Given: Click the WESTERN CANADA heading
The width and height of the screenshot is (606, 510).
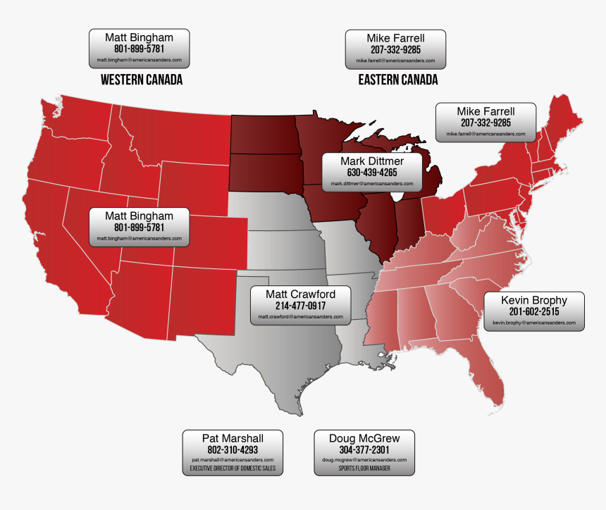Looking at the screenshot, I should click(142, 80).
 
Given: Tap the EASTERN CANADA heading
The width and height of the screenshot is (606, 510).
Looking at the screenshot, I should click(397, 80).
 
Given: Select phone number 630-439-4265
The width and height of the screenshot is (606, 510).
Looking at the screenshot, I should click(372, 172).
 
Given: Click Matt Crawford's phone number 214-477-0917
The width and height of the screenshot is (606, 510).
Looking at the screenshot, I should click(300, 306).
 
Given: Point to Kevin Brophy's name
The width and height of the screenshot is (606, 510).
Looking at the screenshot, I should click(533, 300).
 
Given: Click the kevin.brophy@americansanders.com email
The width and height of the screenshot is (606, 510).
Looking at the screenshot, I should click(534, 323).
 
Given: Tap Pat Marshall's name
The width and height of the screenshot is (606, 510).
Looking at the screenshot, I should click(233, 438).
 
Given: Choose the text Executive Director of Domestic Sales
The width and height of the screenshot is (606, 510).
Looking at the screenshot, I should click(233, 468).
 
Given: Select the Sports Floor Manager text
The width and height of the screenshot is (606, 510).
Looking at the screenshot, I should click(364, 468).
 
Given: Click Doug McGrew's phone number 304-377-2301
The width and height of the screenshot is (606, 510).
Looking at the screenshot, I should click(364, 449).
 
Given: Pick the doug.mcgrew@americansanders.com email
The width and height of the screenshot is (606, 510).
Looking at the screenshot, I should click(364, 460).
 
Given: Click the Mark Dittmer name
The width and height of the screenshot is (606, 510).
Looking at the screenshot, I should click(372, 161).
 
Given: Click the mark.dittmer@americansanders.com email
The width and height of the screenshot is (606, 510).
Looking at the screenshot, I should click(372, 183).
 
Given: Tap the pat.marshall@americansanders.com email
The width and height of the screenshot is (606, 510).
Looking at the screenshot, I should click(233, 460).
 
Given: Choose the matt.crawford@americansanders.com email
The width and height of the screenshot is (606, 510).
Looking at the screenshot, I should click(300, 317).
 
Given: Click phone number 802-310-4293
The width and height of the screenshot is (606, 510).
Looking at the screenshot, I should click(233, 449).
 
